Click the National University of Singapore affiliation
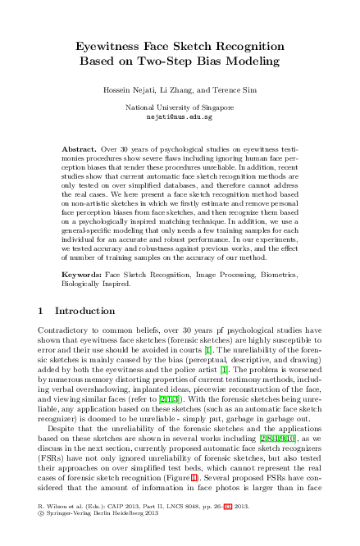click(179, 107)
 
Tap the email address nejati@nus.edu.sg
click(179, 117)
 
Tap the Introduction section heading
click(84, 312)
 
